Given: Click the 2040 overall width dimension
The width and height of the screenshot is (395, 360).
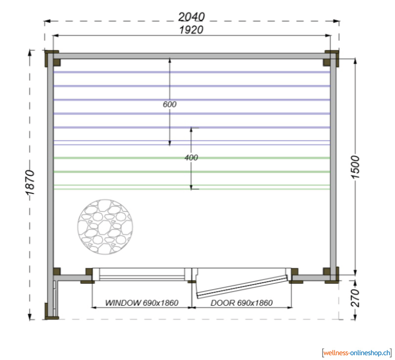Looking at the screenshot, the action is (191, 17).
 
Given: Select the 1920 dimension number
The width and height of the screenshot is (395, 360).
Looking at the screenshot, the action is (191, 30).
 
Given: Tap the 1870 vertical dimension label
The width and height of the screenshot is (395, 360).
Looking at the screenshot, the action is (30, 183).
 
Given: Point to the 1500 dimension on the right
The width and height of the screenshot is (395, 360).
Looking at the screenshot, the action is (355, 167).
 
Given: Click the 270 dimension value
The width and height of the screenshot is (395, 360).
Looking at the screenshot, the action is (355, 298).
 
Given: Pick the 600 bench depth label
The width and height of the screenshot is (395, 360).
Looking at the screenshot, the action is (170, 104).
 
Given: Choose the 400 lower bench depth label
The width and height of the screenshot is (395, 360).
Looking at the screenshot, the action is (191, 158).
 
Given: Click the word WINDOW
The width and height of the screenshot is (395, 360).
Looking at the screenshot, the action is (123, 302).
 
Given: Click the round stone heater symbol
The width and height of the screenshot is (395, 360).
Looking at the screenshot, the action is (105, 227).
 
